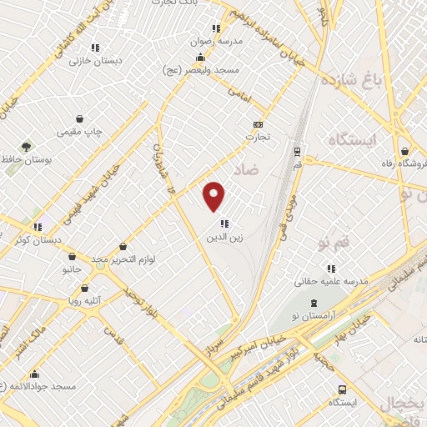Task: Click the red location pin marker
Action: point(215,195)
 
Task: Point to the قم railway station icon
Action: point(297,151)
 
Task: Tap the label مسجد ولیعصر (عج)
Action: point(200,71)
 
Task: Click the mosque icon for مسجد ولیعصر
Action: point(200,58)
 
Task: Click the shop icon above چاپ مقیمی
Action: point(79,119)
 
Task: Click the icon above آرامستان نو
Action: point(313,303)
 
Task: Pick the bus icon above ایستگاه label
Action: point(343,389)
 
